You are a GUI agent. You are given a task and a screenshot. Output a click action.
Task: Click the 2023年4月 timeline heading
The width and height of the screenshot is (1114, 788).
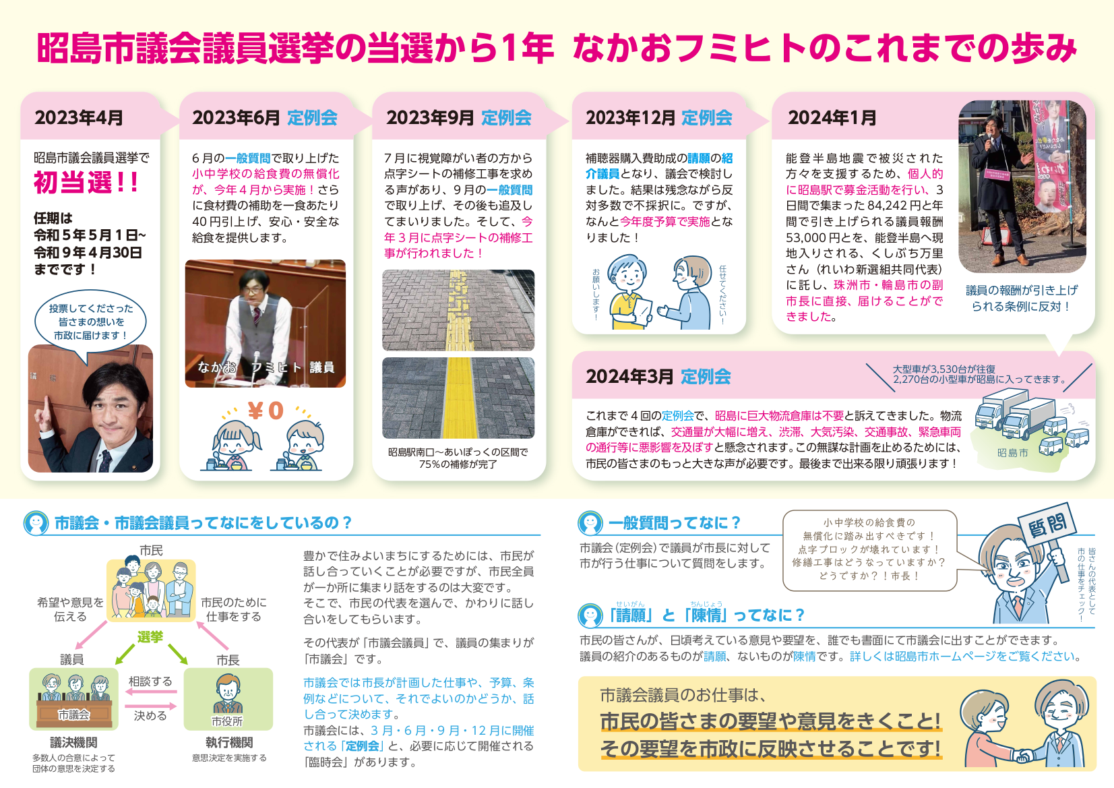click(x=79, y=118)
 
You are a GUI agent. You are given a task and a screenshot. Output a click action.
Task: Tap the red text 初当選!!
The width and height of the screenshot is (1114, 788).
click(x=86, y=182)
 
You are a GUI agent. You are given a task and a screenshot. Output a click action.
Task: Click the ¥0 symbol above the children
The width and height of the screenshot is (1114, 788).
click(x=266, y=411)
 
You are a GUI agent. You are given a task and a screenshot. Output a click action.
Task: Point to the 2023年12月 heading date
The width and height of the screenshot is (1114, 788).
click(x=629, y=118)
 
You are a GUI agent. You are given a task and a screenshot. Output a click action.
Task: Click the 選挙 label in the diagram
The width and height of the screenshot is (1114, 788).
click(x=150, y=637)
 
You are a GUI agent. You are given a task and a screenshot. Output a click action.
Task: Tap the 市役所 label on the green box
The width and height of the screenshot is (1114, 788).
click(x=227, y=721)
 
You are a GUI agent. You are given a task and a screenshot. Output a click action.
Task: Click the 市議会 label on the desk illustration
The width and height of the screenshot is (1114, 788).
click(x=73, y=715)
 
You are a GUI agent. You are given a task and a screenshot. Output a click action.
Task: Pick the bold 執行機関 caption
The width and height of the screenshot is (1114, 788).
click(x=228, y=743)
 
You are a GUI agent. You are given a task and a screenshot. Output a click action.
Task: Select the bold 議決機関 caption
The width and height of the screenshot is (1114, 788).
click(x=73, y=743)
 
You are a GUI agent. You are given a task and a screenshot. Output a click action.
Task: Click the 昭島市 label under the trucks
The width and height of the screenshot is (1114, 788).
click(x=1012, y=453)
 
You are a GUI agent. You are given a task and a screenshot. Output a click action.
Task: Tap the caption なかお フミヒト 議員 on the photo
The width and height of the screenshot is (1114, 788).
click(x=266, y=367)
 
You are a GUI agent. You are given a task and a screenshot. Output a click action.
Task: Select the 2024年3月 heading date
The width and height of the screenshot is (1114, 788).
click(x=629, y=377)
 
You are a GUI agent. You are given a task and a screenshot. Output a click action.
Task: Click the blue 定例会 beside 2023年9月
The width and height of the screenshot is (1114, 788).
click(x=506, y=118)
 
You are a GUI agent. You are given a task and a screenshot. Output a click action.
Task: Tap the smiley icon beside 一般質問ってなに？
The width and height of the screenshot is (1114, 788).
click(x=590, y=523)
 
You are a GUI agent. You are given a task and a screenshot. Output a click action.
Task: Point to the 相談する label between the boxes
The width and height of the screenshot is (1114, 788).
click(x=150, y=681)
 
